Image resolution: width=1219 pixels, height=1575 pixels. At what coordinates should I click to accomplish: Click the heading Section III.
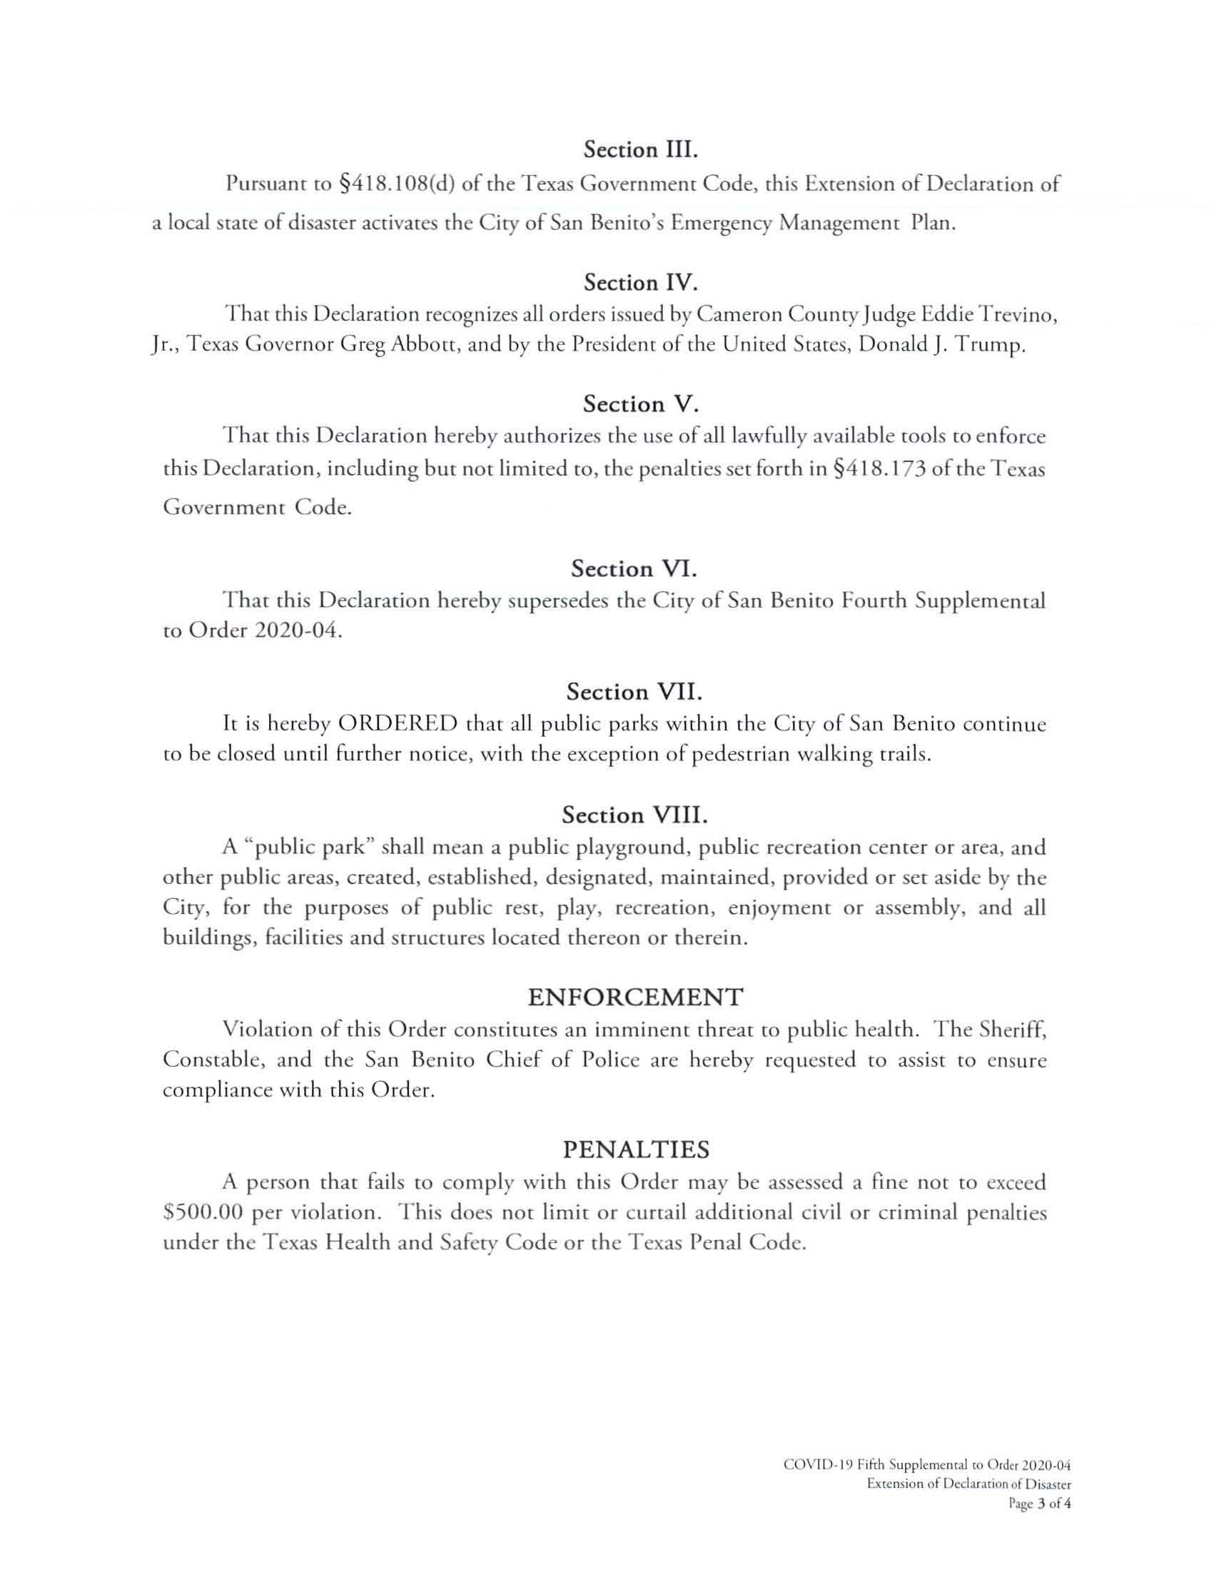pos(642,150)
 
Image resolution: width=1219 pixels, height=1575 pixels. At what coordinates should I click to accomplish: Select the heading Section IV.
pos(641,283)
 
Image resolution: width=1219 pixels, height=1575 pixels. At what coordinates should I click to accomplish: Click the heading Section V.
pos(641,404)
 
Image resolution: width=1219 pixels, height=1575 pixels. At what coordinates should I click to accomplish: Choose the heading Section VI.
pos(634,569)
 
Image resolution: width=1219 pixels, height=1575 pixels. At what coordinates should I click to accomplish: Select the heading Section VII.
pos(634,693)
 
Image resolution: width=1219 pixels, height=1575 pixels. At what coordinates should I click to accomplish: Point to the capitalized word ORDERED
pos(398,723)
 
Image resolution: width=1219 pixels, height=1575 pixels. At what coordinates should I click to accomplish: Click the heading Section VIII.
pos(634,815)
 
